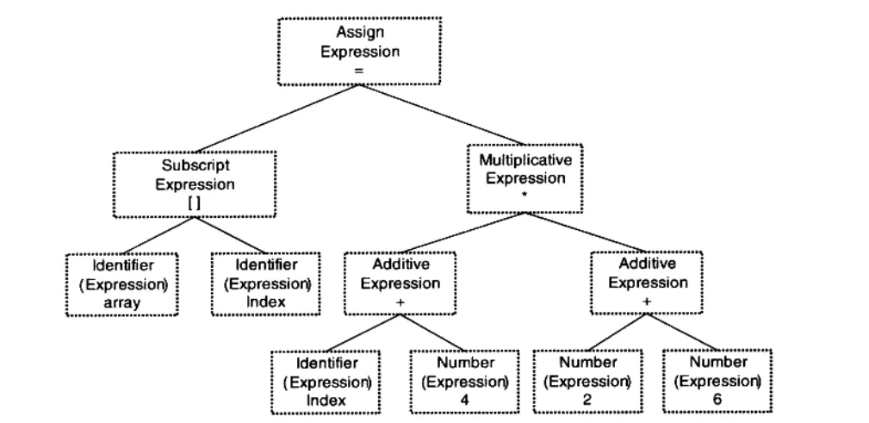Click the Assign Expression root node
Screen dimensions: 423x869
(x=360, y=51)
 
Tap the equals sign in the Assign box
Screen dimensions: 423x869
(x=360, y=70)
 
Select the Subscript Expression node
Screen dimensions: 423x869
(x=194, y=184)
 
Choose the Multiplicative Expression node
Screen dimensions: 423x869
(x=525, y=178)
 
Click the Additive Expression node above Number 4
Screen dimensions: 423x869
(x=400, y=282)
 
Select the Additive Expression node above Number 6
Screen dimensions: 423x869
(x=646, y=282)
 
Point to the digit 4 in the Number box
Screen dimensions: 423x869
(x=464, y=399)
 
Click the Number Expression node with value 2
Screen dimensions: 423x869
(x=588, y=381)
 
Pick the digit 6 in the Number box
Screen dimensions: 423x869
(x=717, y=399)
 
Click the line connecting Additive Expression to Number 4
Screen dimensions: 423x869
(x=432, y=332)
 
